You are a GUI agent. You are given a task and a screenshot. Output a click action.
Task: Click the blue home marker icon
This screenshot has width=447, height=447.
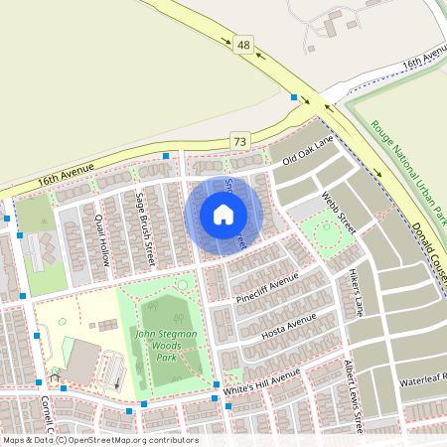(223, 215)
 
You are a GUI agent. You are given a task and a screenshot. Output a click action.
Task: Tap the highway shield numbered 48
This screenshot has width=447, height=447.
(245, 46)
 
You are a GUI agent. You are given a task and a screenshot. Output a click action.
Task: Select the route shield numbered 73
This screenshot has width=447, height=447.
(238, 141)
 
